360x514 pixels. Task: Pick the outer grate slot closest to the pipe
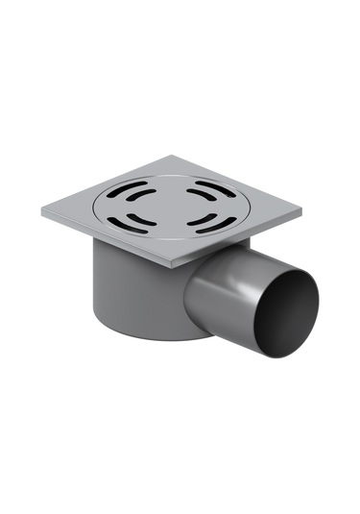(x=205, y=227)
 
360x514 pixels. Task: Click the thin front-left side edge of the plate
(x=106, y=241)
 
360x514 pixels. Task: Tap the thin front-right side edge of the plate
(x=240, y=240)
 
